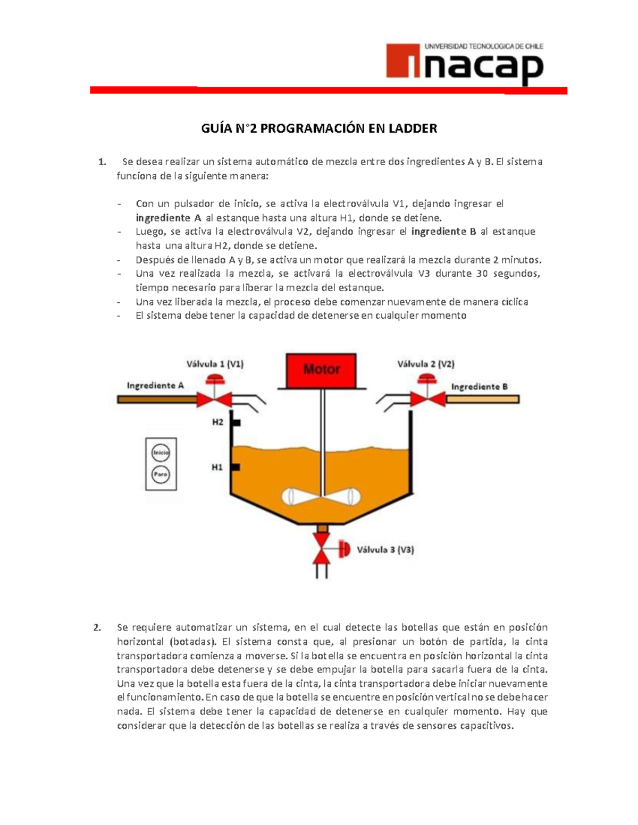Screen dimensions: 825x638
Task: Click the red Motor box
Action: point(321,370)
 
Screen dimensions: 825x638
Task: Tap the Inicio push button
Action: point(161,453)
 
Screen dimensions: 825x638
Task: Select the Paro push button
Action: point(161,474)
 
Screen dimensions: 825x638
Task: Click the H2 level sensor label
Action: point(217,422)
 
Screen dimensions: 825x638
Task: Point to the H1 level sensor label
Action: point(217,467)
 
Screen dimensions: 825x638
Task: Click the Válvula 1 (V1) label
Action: point(215,364)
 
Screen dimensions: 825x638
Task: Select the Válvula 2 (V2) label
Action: point(425,364)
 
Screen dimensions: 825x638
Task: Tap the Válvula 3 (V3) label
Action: point(385,550)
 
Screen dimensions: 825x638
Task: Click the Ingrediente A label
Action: point(155,386)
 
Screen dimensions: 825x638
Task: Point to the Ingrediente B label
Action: point(479,387)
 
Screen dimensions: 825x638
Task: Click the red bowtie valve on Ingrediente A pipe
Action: point(214,398)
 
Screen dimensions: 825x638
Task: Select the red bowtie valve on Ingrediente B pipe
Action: point(426,398)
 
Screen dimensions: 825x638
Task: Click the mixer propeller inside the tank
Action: point(321,497)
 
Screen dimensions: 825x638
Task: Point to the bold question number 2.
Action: point(97,628)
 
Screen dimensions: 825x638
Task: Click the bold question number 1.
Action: point(102,162)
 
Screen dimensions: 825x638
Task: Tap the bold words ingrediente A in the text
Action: point(169,218)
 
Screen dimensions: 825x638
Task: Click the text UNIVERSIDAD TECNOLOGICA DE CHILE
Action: point(483,46)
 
